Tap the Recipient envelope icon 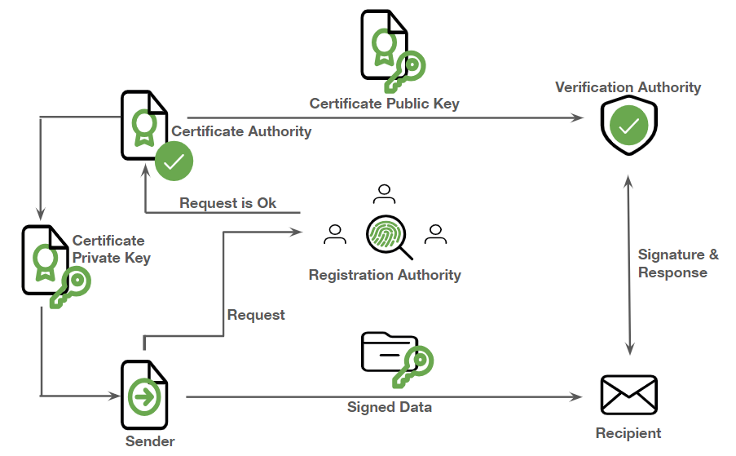tap(628, 395)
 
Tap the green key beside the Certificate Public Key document tap(405, 70)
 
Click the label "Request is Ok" tap(228, 203)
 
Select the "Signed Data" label tap(390, 407)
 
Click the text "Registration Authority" tap(385, 275)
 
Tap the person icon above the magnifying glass tap(384, 194)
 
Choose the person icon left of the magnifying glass tap(334, 234)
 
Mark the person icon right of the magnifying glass tap(436, 234)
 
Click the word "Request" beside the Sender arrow tap(256, 315)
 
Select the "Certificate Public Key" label tap(384, 104)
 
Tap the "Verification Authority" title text tap(628, 87)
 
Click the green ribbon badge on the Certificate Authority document tap(144, 125)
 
